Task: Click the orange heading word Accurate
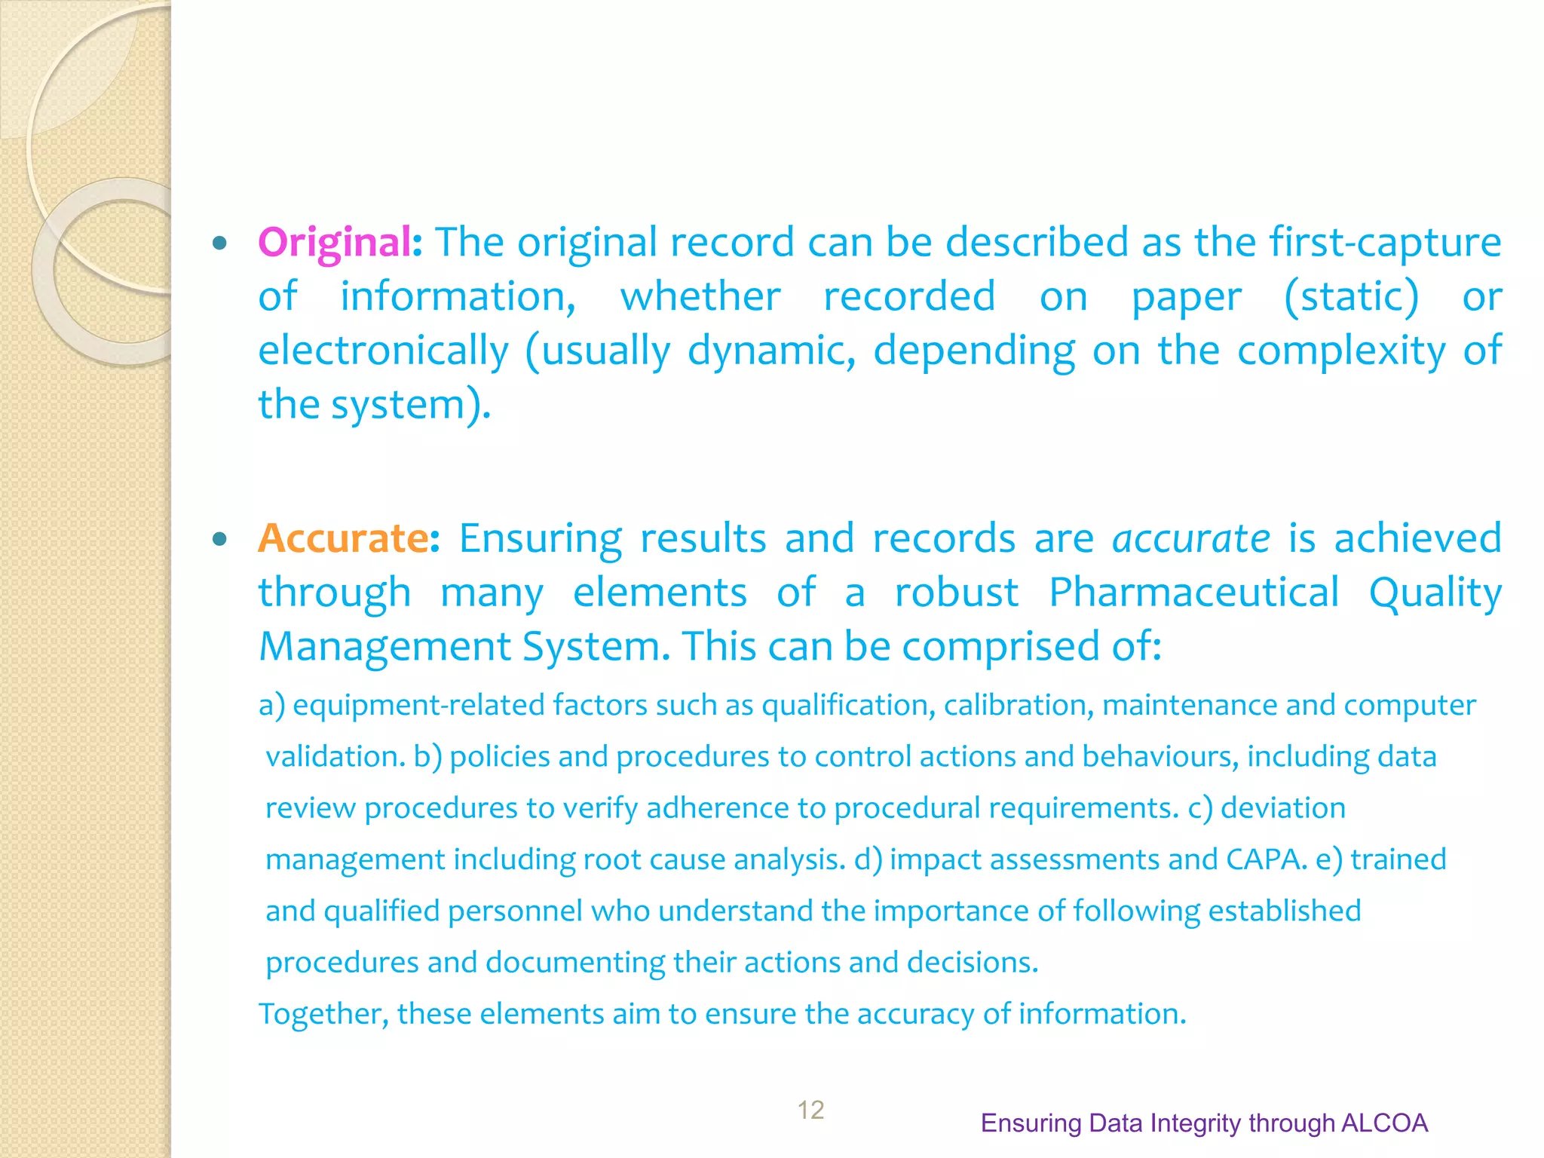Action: pos(344,538)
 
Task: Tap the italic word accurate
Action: pos(1191,538)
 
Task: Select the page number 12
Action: pos(810,1110)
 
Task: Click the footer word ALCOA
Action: pos(1385,1123)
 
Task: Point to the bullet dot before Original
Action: pos(219,244)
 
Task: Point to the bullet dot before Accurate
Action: pos(219,539)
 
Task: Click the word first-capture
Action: pos(1385,243)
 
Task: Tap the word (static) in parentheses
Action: pos(1351,296)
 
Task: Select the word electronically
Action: pos(384,351)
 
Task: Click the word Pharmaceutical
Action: pos(1194,593)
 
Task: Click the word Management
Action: pos(385,647)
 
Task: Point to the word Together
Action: pos(323,1014)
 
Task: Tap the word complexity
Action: pos(1341,351)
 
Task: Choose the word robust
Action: pos(956,593)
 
